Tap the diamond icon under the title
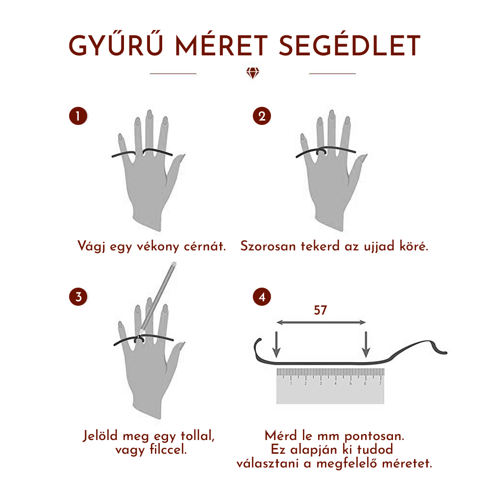click(252, 73)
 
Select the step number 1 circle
click(78, 116)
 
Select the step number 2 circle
click(262, 116)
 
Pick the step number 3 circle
click(78, 296)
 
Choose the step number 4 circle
click(262, 296)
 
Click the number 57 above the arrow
click(320, 310)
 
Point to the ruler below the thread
click(330, 386)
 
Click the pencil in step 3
click(158, 297)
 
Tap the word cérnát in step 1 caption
click(204, 246)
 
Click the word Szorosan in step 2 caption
click(268, 246)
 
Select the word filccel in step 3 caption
click(168, 449)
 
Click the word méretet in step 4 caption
click(407, 463)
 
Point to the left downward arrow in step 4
click(276, 344)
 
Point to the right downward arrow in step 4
click(366, 344)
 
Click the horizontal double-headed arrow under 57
click(321, 322)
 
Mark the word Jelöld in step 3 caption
click(100, 436)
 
